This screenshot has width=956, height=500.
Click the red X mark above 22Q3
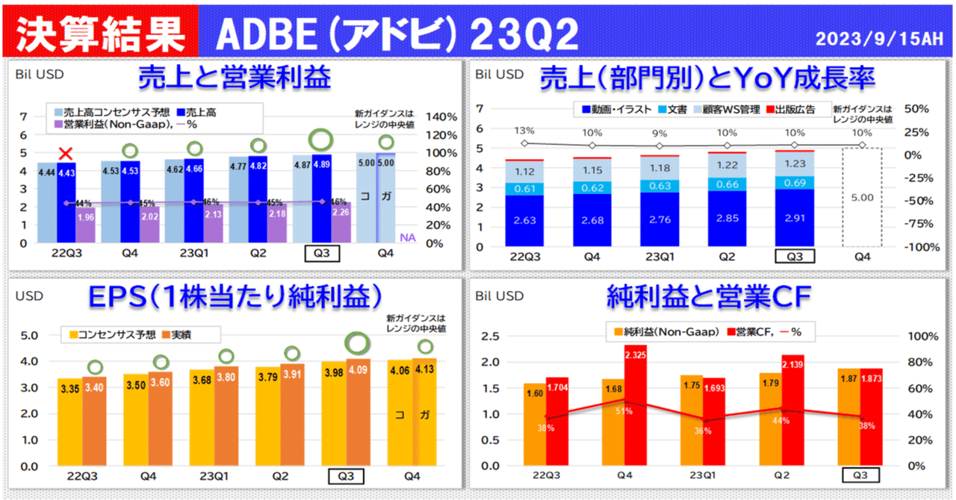pos(66,154)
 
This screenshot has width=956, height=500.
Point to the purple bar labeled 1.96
pos(85,219)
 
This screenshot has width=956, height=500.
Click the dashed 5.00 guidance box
pos(861,197)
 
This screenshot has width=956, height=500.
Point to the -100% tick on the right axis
pos(916,247)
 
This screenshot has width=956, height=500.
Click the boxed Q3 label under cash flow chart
pos(860,475)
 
